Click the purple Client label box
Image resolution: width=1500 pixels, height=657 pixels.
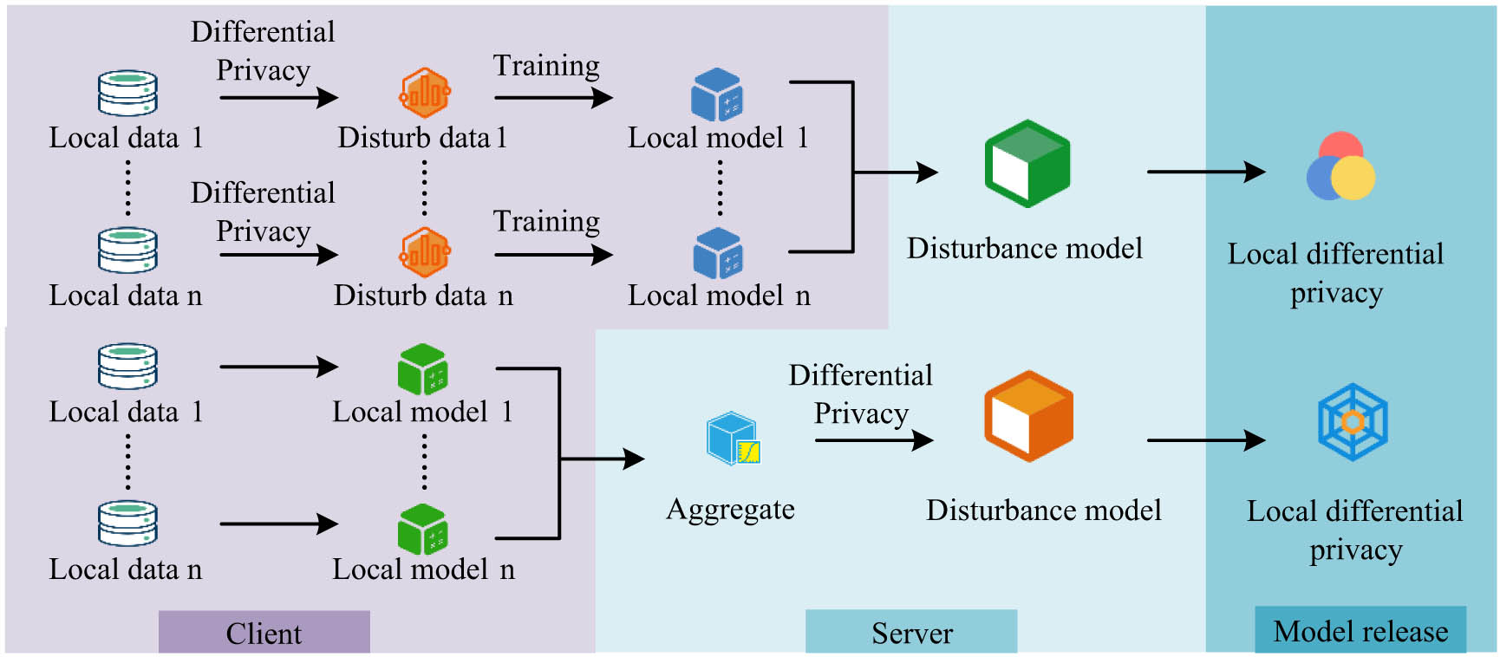264,632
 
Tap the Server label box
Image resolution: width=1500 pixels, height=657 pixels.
910,632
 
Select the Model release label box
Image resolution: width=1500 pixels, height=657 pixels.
1360,630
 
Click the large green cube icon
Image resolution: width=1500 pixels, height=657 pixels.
1027,164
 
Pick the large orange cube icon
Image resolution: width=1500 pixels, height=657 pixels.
1028,416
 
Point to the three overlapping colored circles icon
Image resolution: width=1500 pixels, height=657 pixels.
1340,167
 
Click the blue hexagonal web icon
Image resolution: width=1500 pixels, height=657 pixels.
1353,422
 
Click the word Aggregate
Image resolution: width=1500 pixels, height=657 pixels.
730,509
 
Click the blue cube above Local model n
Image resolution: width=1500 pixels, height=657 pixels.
718,253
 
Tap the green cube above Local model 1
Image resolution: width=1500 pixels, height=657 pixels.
422,370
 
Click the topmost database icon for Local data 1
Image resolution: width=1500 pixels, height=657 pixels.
127,94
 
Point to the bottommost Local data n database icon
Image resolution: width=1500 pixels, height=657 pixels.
127,524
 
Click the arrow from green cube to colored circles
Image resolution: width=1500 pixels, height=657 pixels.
1205,172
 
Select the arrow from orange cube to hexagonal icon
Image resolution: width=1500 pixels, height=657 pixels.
1205,440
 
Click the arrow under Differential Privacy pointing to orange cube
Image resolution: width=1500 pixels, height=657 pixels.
873,440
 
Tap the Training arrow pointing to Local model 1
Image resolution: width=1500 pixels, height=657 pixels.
553,98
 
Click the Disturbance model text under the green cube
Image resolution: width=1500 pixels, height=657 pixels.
1024,249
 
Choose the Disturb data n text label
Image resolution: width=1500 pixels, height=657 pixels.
423,296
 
